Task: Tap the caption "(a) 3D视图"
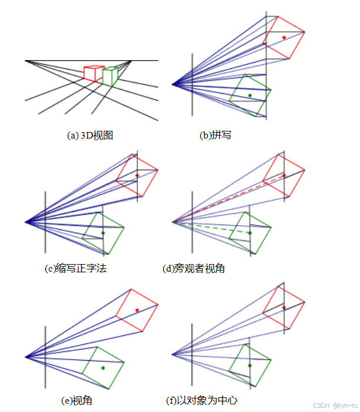click(x=90, y=136)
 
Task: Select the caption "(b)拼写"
click(x=216, y=136)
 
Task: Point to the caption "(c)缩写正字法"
click(x=75, y=269)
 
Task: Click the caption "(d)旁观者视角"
click(x=194, y=269)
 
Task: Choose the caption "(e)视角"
click(x=77, y=401)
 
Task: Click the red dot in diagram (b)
click(x=284, y=38)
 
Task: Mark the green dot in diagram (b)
click(x=250, y=95)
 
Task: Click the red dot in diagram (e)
click(x=137, y=310)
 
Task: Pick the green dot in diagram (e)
click(x=103, y=368)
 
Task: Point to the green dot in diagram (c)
click(x=103, y=233)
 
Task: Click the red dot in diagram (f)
click(x=284, y=308)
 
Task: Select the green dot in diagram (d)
click(x=250, y=233)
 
